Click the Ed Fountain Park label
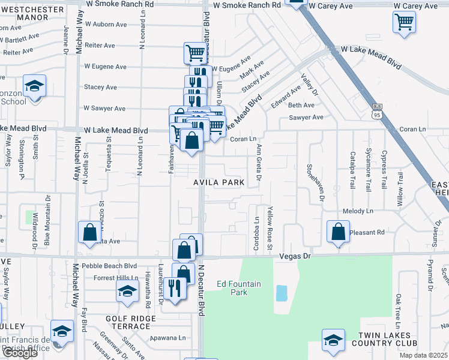click(x=239, y=288)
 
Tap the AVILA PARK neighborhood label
click(x=218, y=182)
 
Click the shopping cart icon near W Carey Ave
click(x=404, y=22)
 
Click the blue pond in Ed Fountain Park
click(x=281, y=293)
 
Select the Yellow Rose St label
click(x=270, y=229)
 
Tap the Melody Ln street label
click(x=358, y=211)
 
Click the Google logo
click(x=19, y=353)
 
